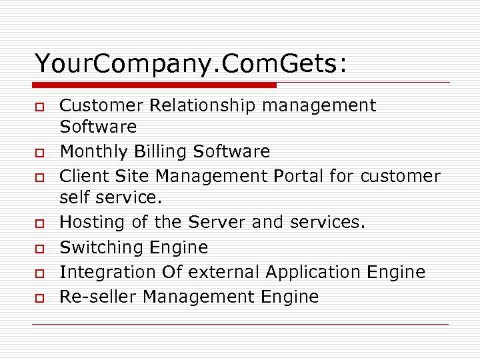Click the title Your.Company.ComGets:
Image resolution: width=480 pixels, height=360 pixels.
(x=191, y=64)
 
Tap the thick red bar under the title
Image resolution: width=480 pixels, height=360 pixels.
(x=155, y=85)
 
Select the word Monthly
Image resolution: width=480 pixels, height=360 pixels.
(x=94, y=152)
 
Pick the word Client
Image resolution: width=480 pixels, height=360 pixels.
(x=81, y=176)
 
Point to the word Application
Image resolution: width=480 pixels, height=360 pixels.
(x=312, y=272)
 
